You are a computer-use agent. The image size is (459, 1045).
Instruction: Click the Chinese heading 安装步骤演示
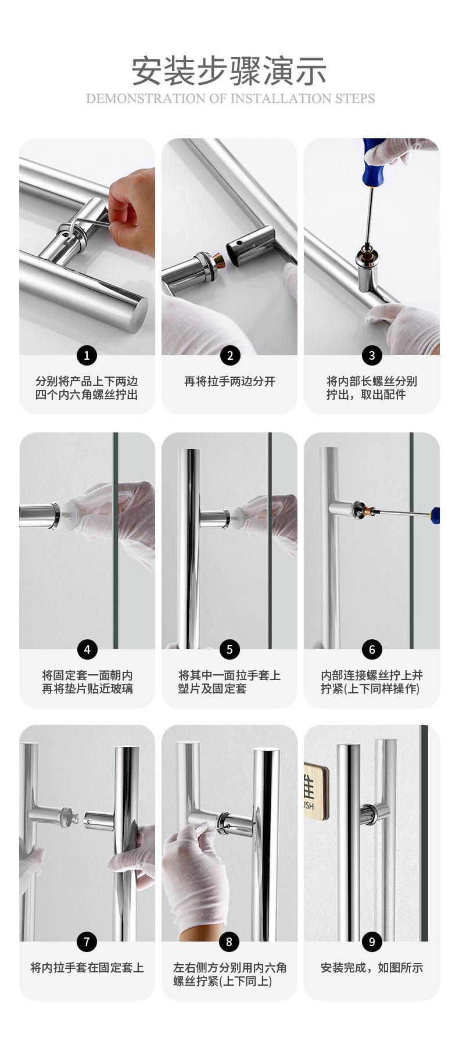(x=229, y=70)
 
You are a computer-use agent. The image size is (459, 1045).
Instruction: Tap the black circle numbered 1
(x=87, y=355)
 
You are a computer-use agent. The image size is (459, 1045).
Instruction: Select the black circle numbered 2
(x=229, y=355)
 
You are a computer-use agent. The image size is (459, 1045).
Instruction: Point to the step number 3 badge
(x=372, y=355)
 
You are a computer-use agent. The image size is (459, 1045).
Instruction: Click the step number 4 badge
(x=87, y=649)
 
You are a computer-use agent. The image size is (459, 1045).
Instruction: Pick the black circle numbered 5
(x=229, y=649)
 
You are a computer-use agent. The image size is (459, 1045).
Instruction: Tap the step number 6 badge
(x=372, y=649)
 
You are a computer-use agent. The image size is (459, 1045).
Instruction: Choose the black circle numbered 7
(x=87, y=942)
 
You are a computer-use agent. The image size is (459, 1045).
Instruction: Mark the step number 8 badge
(x=229, y=942)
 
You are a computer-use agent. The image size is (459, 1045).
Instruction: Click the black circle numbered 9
(x=372, y=942)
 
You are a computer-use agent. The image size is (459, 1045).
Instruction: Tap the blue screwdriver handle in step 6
(x=435, y=515)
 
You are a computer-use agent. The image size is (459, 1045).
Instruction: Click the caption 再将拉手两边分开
(x=229, y=382)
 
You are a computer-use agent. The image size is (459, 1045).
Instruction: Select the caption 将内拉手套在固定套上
(x=87, y=968)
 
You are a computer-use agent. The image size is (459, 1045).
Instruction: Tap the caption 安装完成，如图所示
(x=372, y=968)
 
